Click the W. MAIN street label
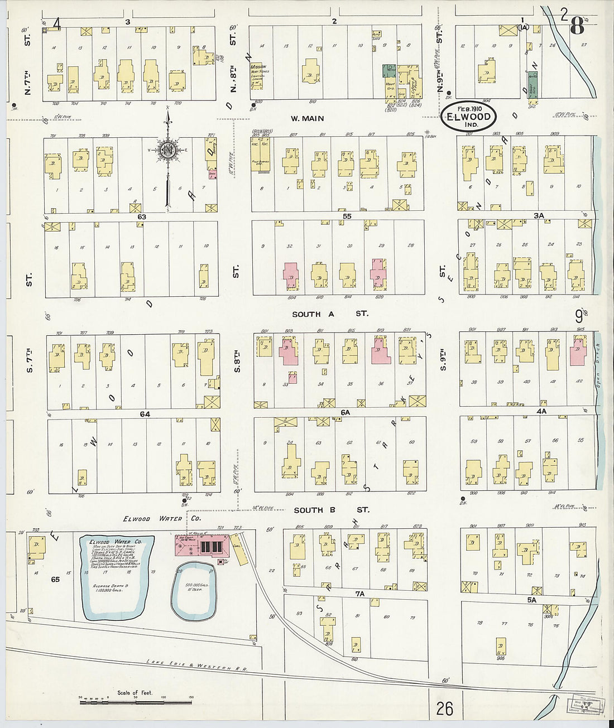tap(307, 118)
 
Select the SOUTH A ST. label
tap(330, 314)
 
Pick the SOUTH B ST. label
tap(331, 510)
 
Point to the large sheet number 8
tap(577, 25)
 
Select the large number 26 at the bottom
tap(445, 708)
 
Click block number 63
tap(142, 216)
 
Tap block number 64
tap(145, 414)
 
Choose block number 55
tap(347, 216)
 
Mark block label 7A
tap(360, 594)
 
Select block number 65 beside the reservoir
tap(55, 580)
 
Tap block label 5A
tap(531, 600)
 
